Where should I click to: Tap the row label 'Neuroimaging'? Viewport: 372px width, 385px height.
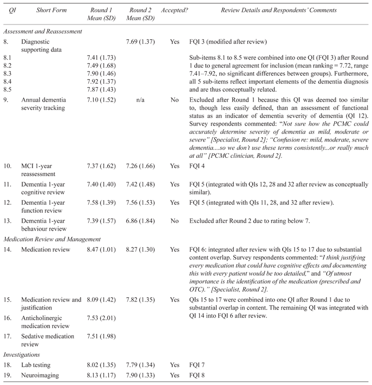pyautogui.click(x=40, y=375)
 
